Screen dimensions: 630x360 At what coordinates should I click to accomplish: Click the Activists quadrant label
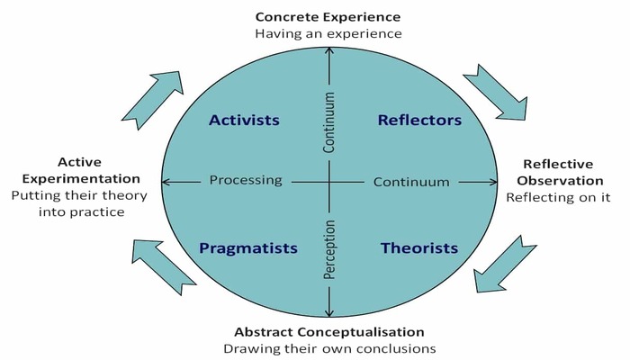click(244, 120)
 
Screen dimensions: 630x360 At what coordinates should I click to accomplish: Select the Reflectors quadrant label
click(420, 120)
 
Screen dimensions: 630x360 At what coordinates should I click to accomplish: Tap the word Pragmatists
click(248, 248)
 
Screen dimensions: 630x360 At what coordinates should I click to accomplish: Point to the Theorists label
click(419, 247)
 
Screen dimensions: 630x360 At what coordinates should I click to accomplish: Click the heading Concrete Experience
click(328, 17)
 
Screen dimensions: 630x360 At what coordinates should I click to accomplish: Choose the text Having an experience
click(328, 33)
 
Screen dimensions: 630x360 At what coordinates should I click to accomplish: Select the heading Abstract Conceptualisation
click(329, 332)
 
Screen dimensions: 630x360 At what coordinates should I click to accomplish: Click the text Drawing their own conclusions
click(329, 348)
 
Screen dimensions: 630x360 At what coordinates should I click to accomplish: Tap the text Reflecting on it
click(558, 197)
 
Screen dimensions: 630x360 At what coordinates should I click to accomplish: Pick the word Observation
click(560, 181)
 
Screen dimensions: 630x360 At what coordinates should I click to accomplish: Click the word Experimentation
click(81, 178)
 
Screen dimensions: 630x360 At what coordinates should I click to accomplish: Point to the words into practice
click(82, 211)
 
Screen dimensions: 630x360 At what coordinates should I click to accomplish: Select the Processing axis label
click(246, 180)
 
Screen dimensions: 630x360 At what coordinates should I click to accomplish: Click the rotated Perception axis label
click(329, 249)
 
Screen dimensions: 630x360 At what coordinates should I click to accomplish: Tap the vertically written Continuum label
click(329, 122)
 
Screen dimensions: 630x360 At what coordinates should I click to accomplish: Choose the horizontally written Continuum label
click(411, 182)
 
